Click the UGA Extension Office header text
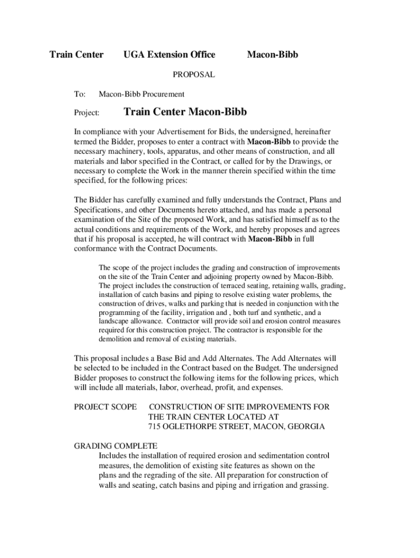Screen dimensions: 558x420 [x=169, y=54]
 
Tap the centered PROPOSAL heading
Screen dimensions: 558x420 [x=194, y=75]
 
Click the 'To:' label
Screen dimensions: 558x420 [x=80, y=94]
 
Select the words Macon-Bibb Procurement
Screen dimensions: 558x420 [x=141, y=94]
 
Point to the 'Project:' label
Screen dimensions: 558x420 [x=87, y=113]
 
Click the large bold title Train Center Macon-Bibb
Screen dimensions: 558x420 [x=185, y=112]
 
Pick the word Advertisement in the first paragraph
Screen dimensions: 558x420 [x=187, y=132]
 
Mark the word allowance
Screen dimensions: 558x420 [x=149, y=321]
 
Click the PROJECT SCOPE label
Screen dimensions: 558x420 [x=105, y=407]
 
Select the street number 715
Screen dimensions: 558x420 [x=155, y=427]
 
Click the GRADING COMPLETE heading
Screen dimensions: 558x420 [x=116, y=446]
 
